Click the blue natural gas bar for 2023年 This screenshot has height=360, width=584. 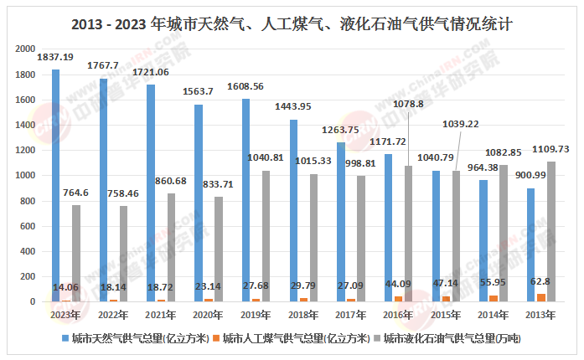pyautogui.click(x=56, y=185)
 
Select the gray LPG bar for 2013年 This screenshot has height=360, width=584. pyautogui.click(x=551, y=231)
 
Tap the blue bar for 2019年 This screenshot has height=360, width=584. pyautogui.click(x=246, y=200)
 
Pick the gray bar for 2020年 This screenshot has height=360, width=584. pyautogui.click(x=218, y=249)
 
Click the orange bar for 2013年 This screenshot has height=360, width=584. pyautogui.click(x=541, y=297)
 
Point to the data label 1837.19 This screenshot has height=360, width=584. pyautogui.click(x=57, y=57)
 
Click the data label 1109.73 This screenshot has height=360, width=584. pyautogui.click(x=550, y=149)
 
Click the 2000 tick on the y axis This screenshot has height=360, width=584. pyautogui.click(x=25, y=49)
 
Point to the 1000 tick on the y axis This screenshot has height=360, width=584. pyautogui.click(x=25, y=176)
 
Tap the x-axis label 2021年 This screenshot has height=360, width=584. pyautogui.click(x=161, y=314)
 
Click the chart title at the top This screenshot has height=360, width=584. pyautogui.click(x=292, y=23)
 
